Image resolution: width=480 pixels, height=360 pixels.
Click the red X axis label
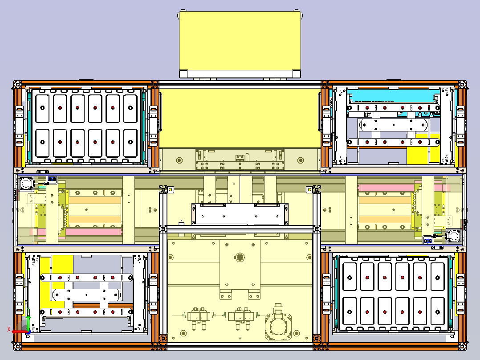click(9, 329)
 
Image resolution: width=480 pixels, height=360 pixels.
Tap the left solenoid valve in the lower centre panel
click(199, 317)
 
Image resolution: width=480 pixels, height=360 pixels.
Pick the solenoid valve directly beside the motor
click(240, 317)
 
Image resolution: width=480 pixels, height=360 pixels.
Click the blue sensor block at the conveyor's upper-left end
click(52, 178)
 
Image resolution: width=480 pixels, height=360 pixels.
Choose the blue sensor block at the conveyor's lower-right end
click(427, 241)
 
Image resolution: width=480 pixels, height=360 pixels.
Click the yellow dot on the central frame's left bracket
click(171, 190)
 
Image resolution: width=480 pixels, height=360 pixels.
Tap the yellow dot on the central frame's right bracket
click(309, 190)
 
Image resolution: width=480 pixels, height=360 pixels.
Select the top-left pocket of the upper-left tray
click(42, 108)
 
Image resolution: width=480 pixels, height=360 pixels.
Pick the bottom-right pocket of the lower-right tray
click(437, 311)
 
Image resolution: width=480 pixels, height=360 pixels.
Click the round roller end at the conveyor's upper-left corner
click(26, 184)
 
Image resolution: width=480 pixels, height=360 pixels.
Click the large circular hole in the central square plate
click(240, 257)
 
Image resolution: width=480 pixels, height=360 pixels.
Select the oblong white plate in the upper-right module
click(393, 125)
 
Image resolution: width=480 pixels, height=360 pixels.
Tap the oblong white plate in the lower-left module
click(86, 295)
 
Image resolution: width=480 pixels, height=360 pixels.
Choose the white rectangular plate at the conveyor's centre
click(240, 214)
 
